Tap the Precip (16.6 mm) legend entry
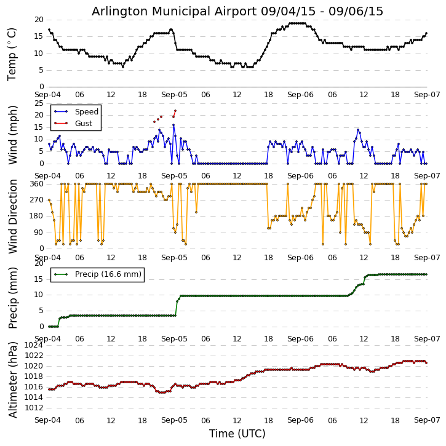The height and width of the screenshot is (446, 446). (108, 274)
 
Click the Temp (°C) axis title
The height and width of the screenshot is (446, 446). (12, 54)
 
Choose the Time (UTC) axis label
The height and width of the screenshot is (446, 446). (237, 434)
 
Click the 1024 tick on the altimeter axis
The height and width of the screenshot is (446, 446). (34, 345)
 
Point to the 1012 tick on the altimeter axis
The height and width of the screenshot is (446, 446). (34, 408)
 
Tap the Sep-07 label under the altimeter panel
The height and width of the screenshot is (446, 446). (426, 420)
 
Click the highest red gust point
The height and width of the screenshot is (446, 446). (175, 111)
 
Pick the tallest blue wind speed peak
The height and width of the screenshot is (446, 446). (173, 125)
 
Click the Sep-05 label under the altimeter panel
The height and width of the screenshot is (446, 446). (174, 420)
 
